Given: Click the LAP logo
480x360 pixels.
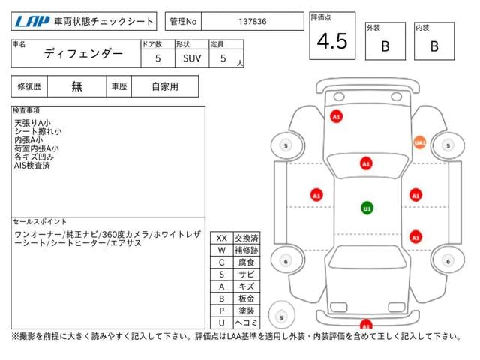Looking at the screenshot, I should click(x=32, y=21).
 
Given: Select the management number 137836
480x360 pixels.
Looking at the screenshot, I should click(x=251, y=22).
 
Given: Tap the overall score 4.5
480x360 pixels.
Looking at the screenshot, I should click(x=332, y=42).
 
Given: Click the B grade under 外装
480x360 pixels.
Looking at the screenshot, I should click(x=385, y=46).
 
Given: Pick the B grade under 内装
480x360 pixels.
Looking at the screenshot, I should click(x=434, y=46).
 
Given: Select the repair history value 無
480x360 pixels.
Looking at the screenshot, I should click(x=77, y=86).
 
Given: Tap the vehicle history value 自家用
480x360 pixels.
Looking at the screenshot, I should click(x=165, y=86).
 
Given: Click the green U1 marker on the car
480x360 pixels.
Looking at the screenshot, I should click(x=367, y=208).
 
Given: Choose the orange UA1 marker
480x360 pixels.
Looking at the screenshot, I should click(x=419, y=142).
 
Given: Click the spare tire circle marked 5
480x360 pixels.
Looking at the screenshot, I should click(x=281, y=316).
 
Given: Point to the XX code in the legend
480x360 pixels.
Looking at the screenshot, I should click(x=222, y=238).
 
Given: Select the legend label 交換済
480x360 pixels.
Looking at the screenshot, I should click(x=246, y=238).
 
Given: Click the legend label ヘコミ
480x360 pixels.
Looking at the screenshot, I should click(x=246, y=322).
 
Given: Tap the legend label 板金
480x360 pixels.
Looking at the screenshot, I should click(x=246, y=298).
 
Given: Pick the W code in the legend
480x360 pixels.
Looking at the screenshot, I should click(x=222, y=250).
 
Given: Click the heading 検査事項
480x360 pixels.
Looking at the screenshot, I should click(x=27, y=111).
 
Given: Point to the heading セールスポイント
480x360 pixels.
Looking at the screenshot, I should click(x=40, y=222).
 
